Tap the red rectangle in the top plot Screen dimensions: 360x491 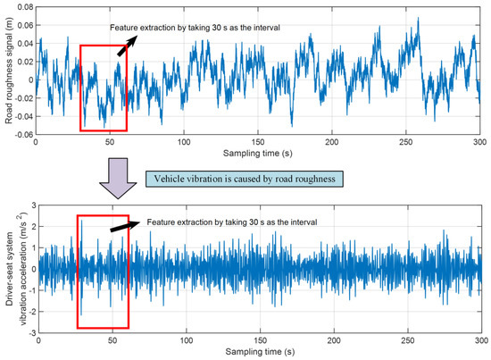pyautogui.click(x=104, y=88)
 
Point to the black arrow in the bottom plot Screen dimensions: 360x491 pyautogui.click(x=129, y=228)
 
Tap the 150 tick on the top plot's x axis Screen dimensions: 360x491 pyautogui.click(x=258, y=143)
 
